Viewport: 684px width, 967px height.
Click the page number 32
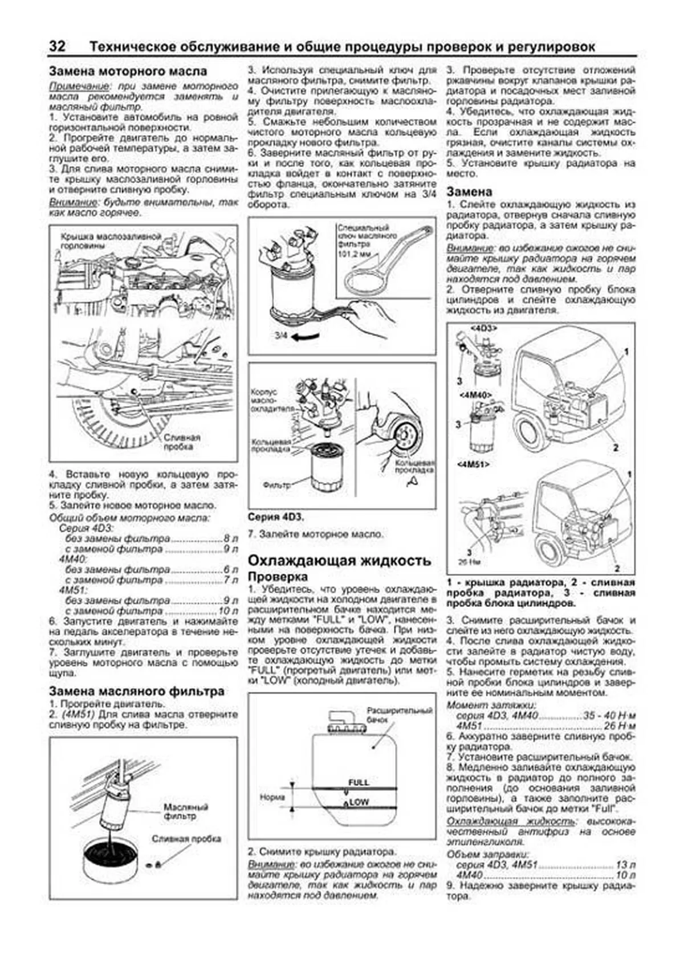(x=57, y=47)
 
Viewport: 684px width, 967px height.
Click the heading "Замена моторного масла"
(x=128, y=72)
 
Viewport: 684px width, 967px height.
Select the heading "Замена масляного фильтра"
(x=136, y=691)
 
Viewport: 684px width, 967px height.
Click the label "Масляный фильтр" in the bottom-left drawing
(x=186, y=811)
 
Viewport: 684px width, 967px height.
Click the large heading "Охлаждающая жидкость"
(x=339, y=560)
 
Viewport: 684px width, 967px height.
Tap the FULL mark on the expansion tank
(x=359, y=782)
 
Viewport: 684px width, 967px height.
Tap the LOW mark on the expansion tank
(x=359, y=802)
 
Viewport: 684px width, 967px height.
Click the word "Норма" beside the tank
(x=272, y=797)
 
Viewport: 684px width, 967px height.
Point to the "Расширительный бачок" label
(x=400, y=715)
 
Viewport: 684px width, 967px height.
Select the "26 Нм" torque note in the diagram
(x=466, y=561)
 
